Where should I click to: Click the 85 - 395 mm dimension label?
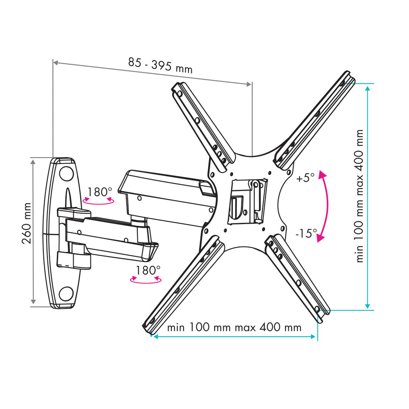[160, 66]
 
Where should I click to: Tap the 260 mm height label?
[27, 223]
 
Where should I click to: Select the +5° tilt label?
[306, 178]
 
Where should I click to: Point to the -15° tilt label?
[306, 233]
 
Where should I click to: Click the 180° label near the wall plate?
[99, 192]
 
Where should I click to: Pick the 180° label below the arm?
[148, 270]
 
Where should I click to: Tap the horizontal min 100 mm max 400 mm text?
[234, 327]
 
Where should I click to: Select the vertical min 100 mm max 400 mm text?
[360, 196]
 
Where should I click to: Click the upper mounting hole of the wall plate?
[66, 174]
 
